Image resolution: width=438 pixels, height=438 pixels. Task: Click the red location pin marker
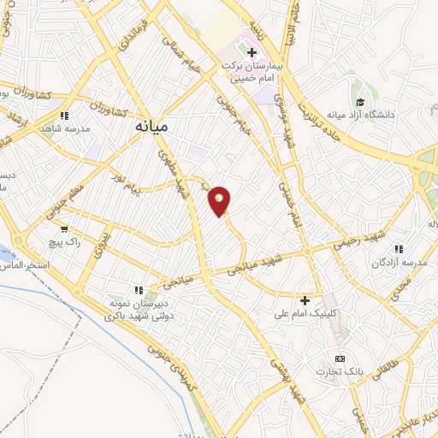point(220,200)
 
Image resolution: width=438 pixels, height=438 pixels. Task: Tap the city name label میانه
point(151,125)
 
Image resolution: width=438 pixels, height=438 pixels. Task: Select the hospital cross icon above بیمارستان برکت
point(252,53)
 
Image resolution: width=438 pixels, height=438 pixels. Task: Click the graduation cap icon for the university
point(361,101)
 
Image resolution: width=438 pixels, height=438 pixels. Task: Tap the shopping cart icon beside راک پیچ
point(64,229)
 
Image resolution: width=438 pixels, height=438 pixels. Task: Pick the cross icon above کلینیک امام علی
point(305,299)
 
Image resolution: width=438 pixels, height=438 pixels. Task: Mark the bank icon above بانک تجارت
point(340,358)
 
